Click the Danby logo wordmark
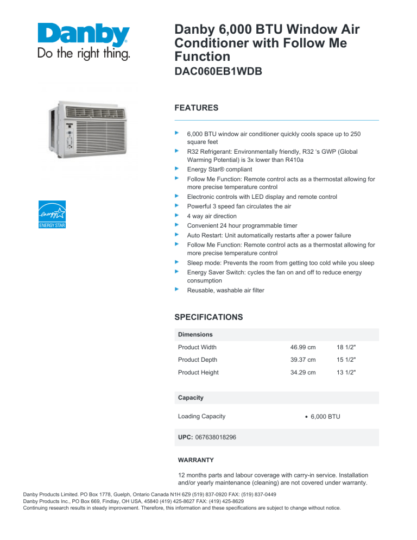(83, 36)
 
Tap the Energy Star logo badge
(52, 214)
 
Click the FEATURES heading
(196, 108)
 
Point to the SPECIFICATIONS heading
(208, 317)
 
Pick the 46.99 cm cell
(304, 347)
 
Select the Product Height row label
(198, 372)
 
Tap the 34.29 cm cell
(304, 372)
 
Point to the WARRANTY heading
(195, 460)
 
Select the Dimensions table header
(195, 335)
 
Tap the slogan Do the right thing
(83, 54)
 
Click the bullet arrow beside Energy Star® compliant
(176, 169)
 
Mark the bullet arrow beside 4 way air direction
(176, 215)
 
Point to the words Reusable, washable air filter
(226, 291)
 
